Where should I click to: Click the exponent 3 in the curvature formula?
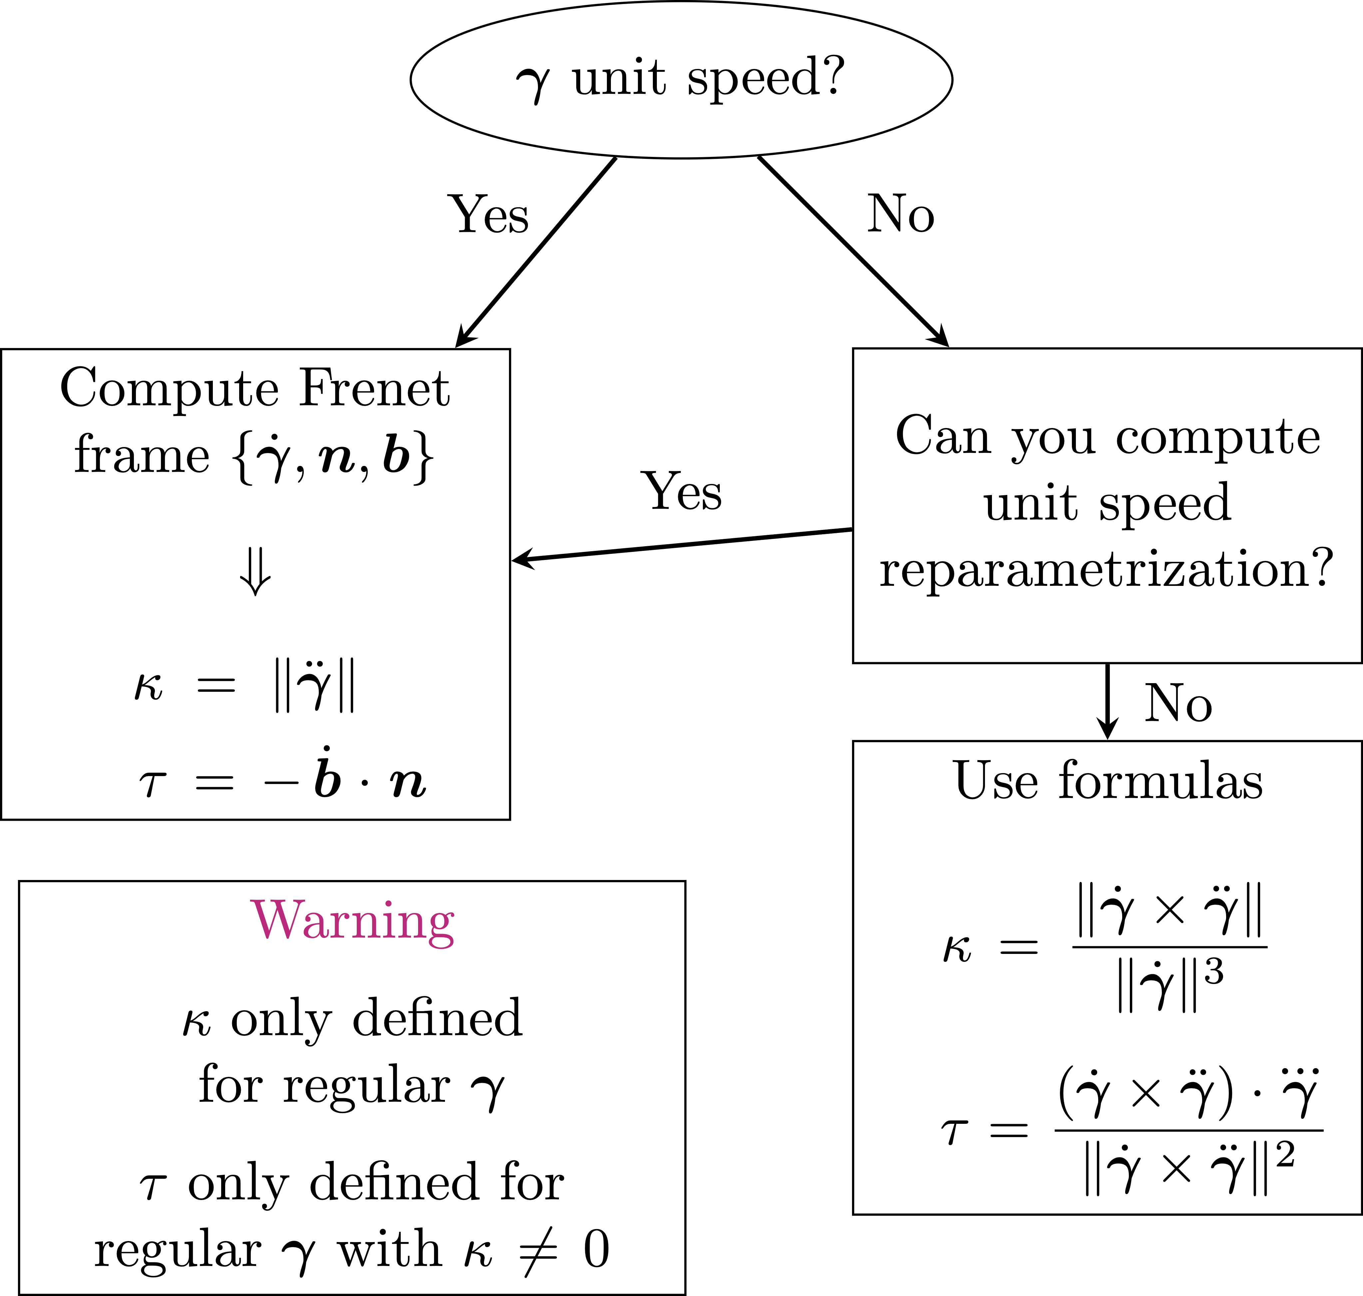(x=1214, y=972)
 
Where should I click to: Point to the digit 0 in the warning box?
(x=596, y=1249)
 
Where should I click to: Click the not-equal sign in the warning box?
(x=538, y=1250)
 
